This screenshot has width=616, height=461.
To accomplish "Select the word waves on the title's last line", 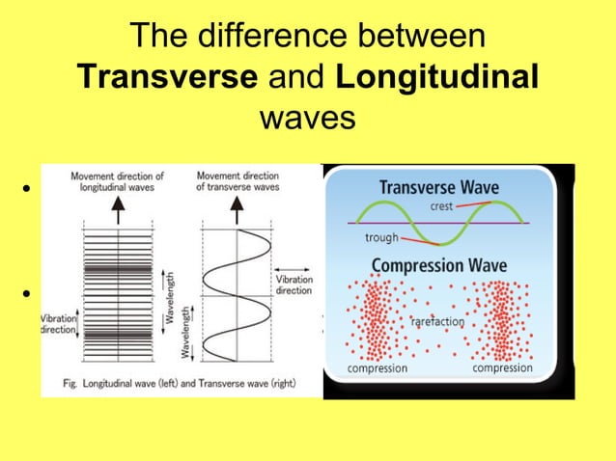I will point(308,118).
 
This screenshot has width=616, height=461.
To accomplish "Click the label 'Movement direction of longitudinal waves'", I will point(117,182).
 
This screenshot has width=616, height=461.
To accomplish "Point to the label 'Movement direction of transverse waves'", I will point(237,182).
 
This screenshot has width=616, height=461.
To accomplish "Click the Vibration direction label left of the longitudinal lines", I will point(58,323).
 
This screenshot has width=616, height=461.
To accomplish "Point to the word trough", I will point(381,237).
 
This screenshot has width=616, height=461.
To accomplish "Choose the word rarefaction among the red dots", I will point(437,321).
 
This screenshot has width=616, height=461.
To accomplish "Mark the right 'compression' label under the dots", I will point(502,367).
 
